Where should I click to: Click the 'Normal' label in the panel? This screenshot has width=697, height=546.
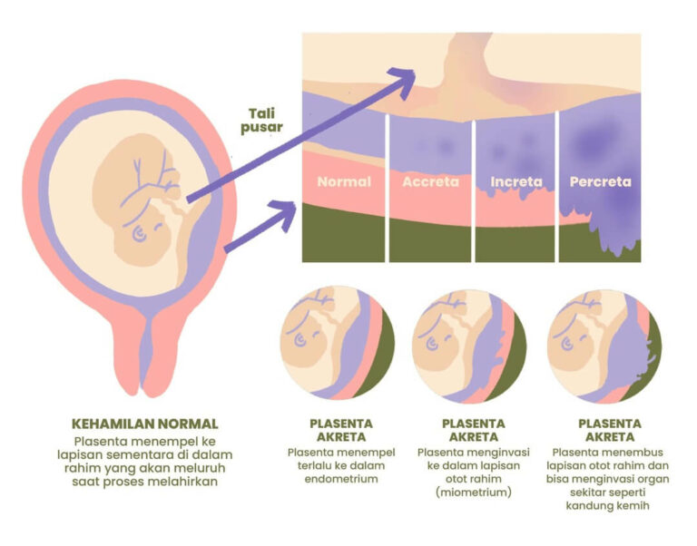[344, 181]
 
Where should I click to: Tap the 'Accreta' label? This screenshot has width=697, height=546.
[430, 181]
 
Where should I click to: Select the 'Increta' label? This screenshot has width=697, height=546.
[515, 181]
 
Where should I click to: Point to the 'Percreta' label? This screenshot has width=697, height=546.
[599, 181]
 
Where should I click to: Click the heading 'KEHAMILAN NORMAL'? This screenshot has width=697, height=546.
[145, 424]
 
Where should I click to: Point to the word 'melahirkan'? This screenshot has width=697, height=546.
[188, 481]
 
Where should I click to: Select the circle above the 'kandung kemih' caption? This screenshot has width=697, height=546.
[606, 345]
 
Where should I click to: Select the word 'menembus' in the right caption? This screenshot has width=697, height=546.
[627, 453]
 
